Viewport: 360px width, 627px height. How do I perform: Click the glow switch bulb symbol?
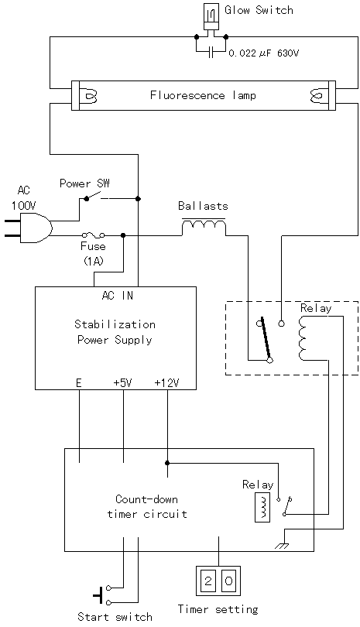211,16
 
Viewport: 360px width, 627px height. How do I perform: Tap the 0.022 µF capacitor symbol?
211,52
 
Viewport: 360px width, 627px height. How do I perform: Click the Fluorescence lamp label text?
203,95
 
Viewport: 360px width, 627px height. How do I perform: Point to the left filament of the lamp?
91,96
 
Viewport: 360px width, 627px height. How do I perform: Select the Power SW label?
84,183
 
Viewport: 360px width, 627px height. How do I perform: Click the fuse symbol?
93,235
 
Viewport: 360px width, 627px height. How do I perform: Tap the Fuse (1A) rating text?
94,261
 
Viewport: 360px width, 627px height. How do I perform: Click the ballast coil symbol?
204,227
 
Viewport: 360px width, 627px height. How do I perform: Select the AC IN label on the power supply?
118,296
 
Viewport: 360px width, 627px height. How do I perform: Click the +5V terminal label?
122,382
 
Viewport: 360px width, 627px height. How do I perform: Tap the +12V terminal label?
166,382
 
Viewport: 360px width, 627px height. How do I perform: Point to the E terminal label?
79,382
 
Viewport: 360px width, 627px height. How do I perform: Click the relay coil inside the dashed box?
303,338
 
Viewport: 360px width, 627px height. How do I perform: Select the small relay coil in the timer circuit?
262,507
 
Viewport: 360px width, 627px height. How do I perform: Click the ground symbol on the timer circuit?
282,546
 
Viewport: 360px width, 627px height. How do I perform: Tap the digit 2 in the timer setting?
207,581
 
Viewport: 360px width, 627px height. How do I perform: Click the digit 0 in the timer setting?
228,581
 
